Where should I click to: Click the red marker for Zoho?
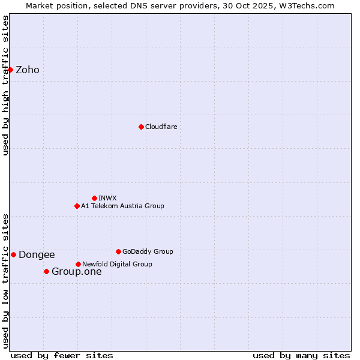pyautogui.click(x=10, y=70)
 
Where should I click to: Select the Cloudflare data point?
pyautogui.click(x=141, y=127)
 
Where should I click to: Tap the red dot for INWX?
pyautogui.click(x=94, y=198)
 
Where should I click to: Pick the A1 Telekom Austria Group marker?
pyautogui.click(x=77, y=206)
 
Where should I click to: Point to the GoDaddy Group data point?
pyautogui.click(x=118, y=251)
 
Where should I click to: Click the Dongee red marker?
pyautogui.click(x=13, y=254)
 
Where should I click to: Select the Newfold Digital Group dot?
pyautogui.click(x=78, y=264)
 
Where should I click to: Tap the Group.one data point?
pyautogui.click(x=46, y=271)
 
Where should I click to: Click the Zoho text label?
pyautogui.click(x=28, y=70)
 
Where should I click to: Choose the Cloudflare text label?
pyautogui.click(x=161, y=127)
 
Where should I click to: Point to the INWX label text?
pyautogui.click(x=107, y=198)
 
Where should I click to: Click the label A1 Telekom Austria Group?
pyautogui.click(x=122, y=206)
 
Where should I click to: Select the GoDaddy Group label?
pyautogui.click(x=148, y=251)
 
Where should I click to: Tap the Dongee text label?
pyautogui.click(x=37, y=255)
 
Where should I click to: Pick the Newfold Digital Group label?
pyautogui.click(x=117, y=264)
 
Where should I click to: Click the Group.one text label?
pyautogui.click(x=76, y=272)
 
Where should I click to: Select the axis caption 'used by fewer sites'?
pyautogui.click(x=62, y=355)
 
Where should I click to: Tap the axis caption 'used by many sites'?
pyautogui.click(x=301, y=355)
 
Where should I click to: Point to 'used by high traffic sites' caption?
pyautogui.click(x=5, y=86)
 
